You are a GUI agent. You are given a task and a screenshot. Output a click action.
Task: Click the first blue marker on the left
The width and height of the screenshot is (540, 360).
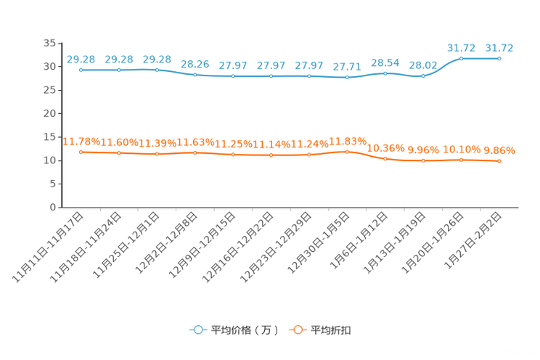click(81, 70)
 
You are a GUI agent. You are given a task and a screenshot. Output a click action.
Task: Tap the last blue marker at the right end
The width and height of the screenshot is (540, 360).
click(499, 58)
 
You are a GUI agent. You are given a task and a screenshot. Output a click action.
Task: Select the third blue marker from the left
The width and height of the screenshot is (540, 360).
click(157, 70)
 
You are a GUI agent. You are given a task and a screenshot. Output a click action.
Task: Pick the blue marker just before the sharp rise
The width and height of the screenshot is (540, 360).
click(423, 75)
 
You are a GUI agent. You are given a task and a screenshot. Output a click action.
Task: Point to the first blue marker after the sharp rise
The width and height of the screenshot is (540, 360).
click(461, 58)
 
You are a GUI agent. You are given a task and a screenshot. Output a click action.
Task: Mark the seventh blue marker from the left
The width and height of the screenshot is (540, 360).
click(309, 75)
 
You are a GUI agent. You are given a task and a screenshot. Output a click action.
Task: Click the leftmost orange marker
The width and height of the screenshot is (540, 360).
click(81, 152)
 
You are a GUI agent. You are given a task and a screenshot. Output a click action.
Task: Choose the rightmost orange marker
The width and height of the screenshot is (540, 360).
click(499, 161)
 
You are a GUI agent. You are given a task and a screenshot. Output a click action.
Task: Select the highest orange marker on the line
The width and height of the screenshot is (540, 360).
click(347, 152)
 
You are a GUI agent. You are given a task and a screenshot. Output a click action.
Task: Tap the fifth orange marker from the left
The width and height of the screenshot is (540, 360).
click(233, 155)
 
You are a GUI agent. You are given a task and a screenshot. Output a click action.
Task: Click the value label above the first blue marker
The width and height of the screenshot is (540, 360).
click(79, 59)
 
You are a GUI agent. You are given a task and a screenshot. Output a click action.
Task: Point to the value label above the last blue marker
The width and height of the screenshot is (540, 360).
click(499, 48)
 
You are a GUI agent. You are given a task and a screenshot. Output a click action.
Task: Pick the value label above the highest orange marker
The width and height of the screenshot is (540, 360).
click(348, 140)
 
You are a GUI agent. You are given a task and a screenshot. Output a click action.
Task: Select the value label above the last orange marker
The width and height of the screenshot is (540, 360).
click(499, 150)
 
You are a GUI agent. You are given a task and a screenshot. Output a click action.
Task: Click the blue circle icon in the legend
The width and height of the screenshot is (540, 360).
click(197, 330)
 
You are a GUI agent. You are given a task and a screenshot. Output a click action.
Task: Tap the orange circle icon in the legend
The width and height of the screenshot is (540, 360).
click(297, 330)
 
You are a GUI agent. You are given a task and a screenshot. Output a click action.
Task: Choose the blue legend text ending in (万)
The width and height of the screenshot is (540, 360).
click(244, 330)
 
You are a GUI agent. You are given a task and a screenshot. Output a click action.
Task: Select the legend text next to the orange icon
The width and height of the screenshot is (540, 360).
click(331, 330)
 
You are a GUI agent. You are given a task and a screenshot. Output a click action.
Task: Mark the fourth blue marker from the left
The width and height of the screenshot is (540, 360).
click(195, 74)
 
